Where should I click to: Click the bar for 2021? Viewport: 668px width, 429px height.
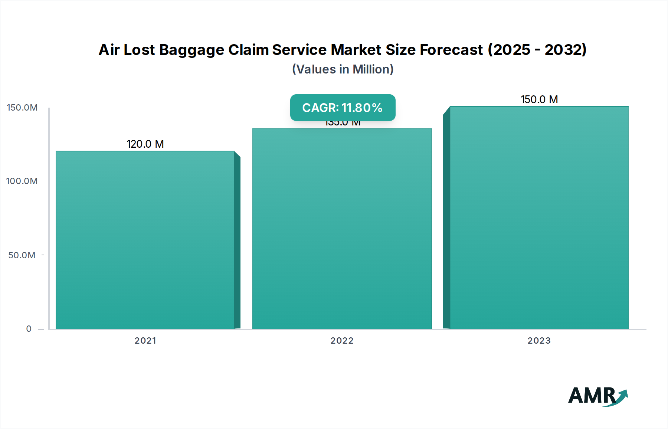(x=145, y=240)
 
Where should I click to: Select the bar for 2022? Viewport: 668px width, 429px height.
(x=342, y=229)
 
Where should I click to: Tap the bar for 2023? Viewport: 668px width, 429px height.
(x=539, y=217)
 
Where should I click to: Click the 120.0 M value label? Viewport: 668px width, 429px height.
(x=145, y=144)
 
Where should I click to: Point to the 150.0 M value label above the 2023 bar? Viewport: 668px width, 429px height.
(x=539, y=99)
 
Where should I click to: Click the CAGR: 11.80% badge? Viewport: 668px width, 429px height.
(x=343, y=108)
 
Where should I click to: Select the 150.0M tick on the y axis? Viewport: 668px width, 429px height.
(x=22, y=108)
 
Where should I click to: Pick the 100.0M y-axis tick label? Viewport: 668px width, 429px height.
(x=22, y=181)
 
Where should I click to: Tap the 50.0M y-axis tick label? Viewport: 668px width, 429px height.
(x=22, y=255)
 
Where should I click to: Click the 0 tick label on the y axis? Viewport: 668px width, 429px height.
(x=29, y=329)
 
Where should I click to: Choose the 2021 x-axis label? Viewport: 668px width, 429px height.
(x=145, y=341)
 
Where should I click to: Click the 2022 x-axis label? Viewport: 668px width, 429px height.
(x=342, y=341)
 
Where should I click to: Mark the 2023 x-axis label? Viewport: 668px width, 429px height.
(x=539, y=341)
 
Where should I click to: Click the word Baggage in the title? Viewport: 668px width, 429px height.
(x=191, y=50)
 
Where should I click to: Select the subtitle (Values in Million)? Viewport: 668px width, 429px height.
(x=343, y=69)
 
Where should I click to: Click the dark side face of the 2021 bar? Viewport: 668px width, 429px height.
(x=237, y=241)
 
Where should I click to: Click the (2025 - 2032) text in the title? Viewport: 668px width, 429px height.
(x=537, y=50)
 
